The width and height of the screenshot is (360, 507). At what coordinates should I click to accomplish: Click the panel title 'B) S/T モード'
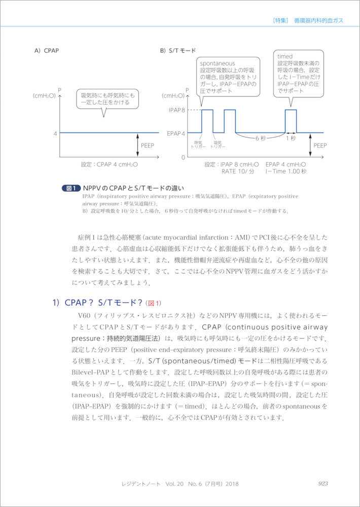pos(178,51)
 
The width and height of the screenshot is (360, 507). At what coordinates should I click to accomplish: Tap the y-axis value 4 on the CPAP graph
pos(55,133)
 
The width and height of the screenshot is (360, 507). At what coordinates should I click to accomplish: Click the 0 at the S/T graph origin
pos(183,158)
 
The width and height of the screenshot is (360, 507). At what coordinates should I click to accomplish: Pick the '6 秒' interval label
pos(261,138)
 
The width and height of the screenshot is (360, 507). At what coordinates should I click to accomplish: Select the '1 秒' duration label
pos(291,138)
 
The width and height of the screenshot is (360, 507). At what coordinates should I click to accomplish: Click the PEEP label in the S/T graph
pos(320,146)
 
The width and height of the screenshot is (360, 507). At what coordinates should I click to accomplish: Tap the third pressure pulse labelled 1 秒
pos(291,121)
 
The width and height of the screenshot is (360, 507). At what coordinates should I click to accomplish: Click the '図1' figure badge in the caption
pos(70,188)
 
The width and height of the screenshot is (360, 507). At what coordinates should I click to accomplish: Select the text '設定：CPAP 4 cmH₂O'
pos(110,165)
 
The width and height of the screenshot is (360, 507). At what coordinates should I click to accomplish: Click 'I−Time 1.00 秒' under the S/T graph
pos(286,171)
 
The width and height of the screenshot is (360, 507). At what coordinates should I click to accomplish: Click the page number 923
pos(324,483)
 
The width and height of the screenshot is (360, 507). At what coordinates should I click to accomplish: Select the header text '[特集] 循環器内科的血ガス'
pos(308,20)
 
